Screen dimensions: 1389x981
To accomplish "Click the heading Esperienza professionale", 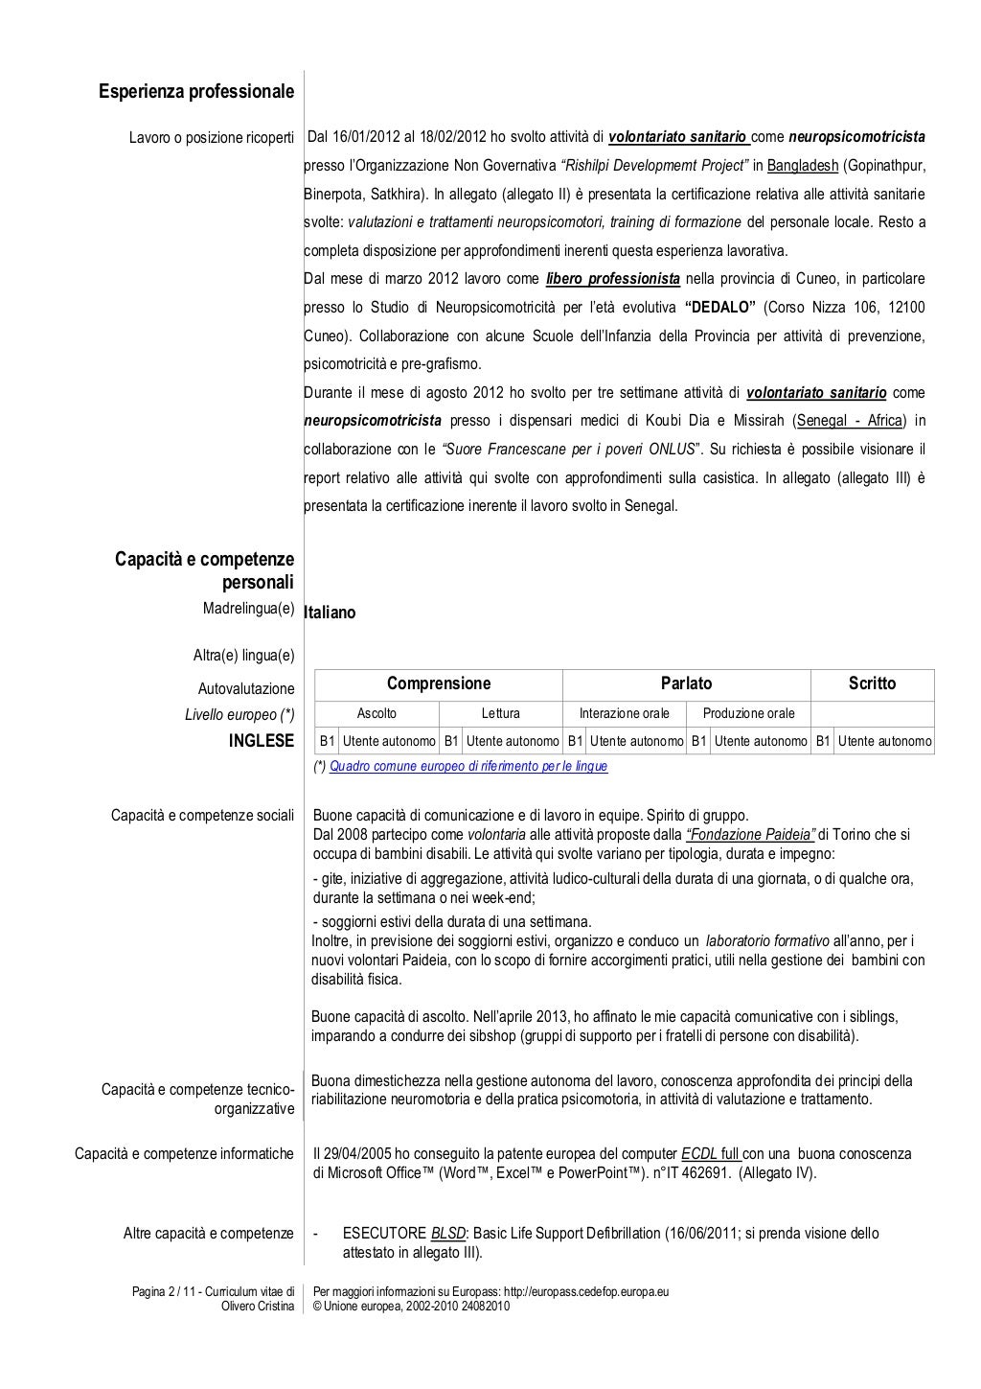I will pos(196,92).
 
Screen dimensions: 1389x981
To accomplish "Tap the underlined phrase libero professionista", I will pos(613,279).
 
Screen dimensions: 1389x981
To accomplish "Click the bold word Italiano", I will pos(330,613).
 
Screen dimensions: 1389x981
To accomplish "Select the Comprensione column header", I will pos(438,683).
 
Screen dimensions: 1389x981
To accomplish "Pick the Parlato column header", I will pos(686,683).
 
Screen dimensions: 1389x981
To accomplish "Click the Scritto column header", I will pos(872,683).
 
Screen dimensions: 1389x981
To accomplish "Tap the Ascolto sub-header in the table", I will pos(376,713).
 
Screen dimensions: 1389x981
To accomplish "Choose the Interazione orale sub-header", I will pos(625,713).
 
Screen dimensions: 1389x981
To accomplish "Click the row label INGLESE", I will pos(262,741).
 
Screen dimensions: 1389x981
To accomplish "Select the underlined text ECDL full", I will pos(711,1154).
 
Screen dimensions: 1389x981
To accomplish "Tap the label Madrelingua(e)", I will pos(248,609).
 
